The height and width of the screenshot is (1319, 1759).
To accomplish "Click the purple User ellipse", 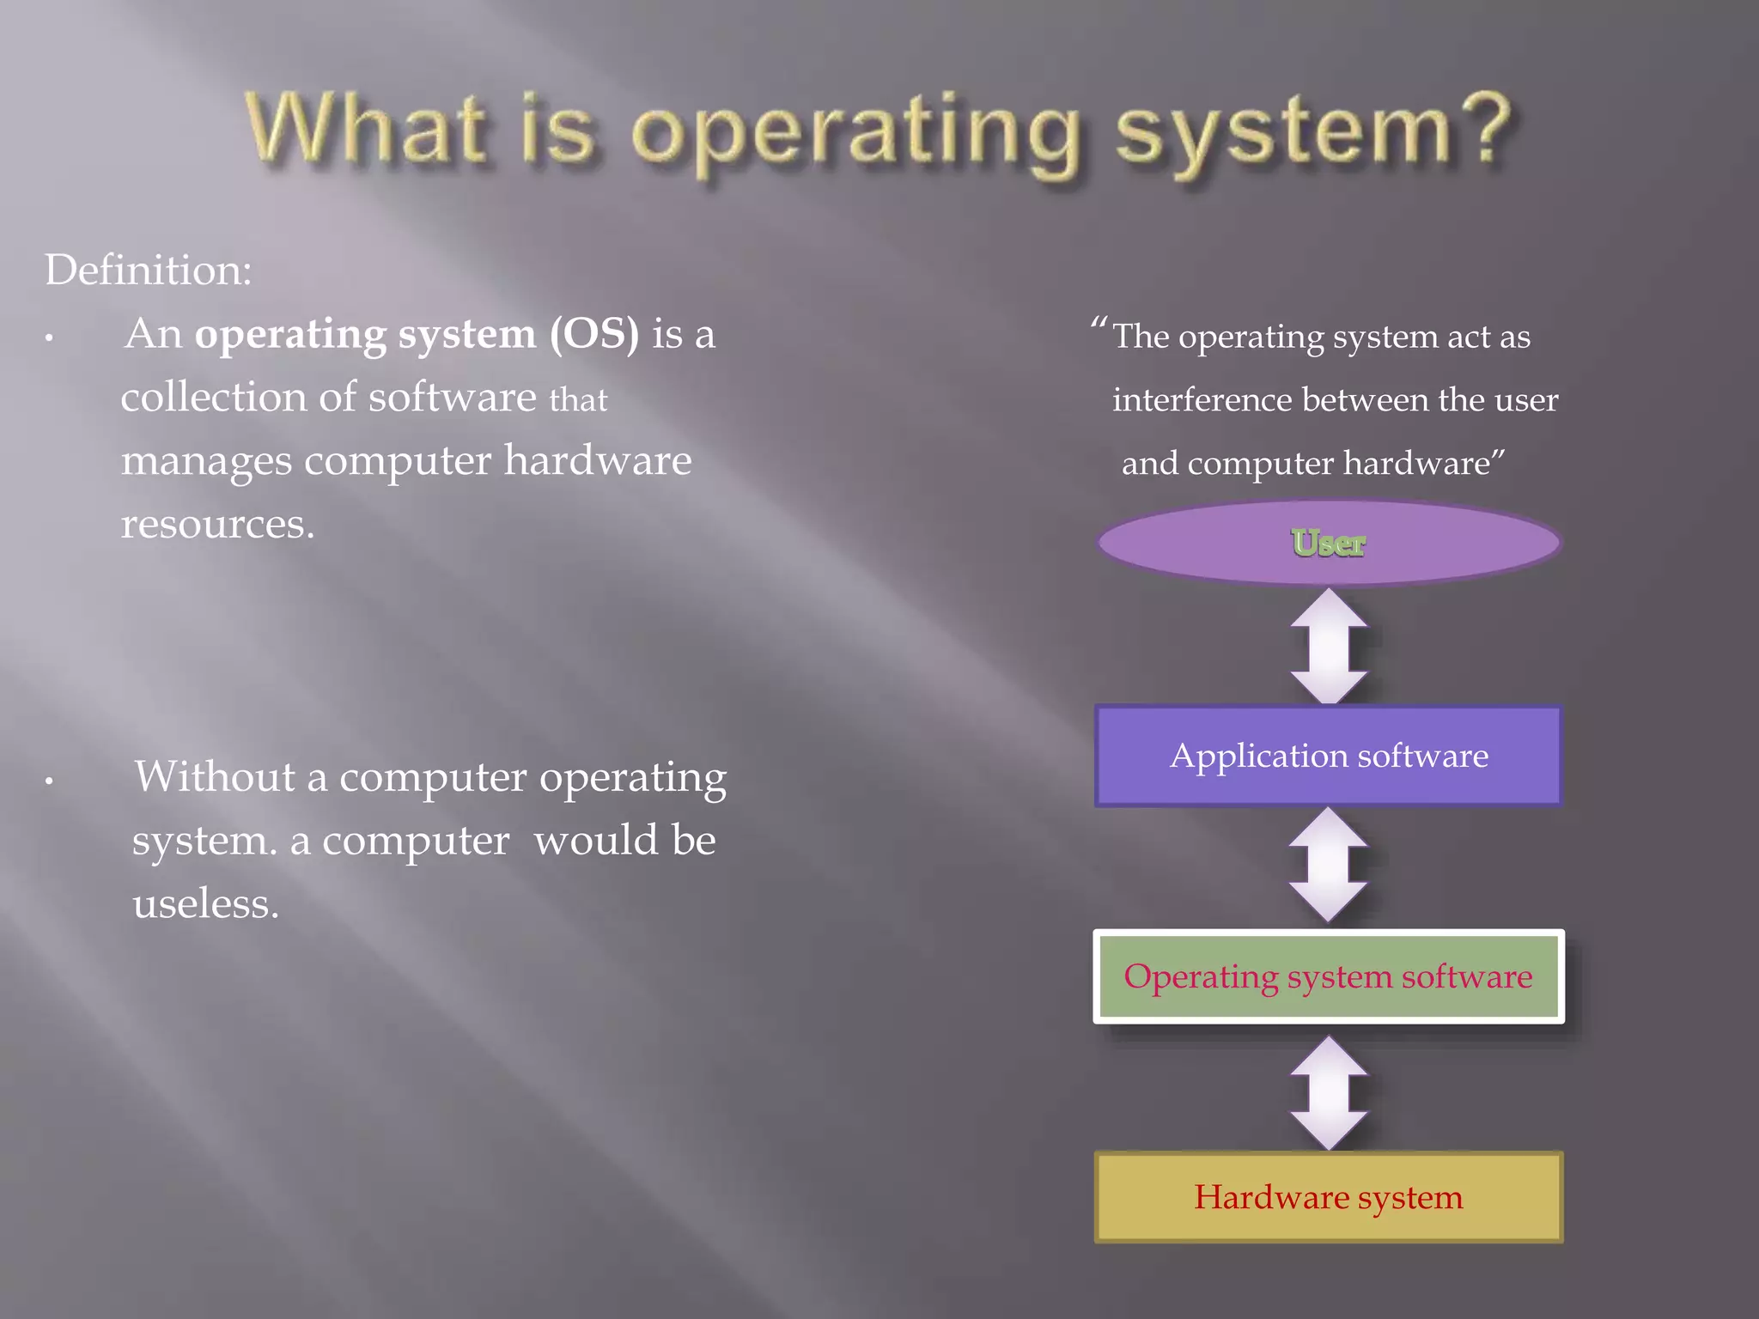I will (1328, 543).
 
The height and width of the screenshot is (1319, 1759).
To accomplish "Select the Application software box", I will (1328, 756).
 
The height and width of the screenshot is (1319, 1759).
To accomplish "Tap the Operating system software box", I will (1328, 976).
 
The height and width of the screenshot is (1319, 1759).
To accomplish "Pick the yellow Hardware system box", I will (1328, 1197).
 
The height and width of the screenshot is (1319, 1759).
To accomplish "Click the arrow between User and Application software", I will (1329, 646).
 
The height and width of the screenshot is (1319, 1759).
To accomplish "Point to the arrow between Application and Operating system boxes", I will (1329, 866).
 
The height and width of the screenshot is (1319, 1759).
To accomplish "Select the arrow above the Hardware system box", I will (1329, 1092).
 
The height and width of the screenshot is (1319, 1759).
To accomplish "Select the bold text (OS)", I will (594, 334).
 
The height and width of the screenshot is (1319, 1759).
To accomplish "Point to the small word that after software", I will (578, 400).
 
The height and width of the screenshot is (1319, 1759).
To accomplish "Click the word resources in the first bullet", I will (217, 524).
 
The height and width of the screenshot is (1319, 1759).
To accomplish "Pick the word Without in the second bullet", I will (215, 776).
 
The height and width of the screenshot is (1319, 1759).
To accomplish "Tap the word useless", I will (205, 904).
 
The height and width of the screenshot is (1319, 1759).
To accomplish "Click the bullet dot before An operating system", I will (50, 338).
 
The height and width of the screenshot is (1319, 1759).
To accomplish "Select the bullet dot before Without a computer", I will (50, 781).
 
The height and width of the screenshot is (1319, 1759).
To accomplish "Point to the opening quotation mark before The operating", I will (1098, 325).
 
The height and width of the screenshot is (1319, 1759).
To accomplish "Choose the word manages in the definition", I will (206, 462).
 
